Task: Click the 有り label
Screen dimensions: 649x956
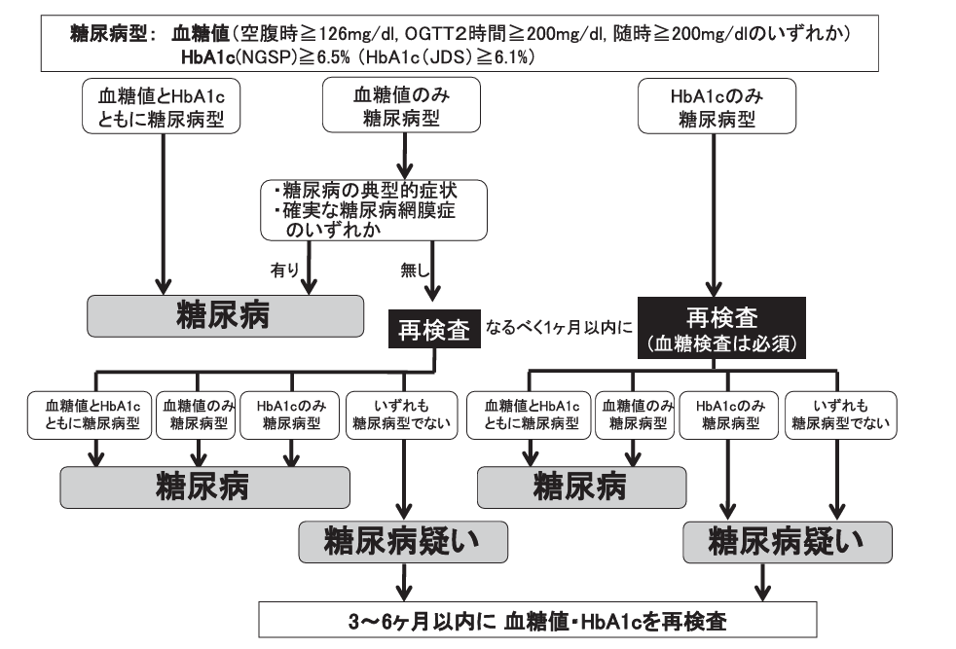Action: pyautogui.click(x=284, y=267)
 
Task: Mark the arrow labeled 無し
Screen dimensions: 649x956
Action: pyautogui.click(x=434, y=272)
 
